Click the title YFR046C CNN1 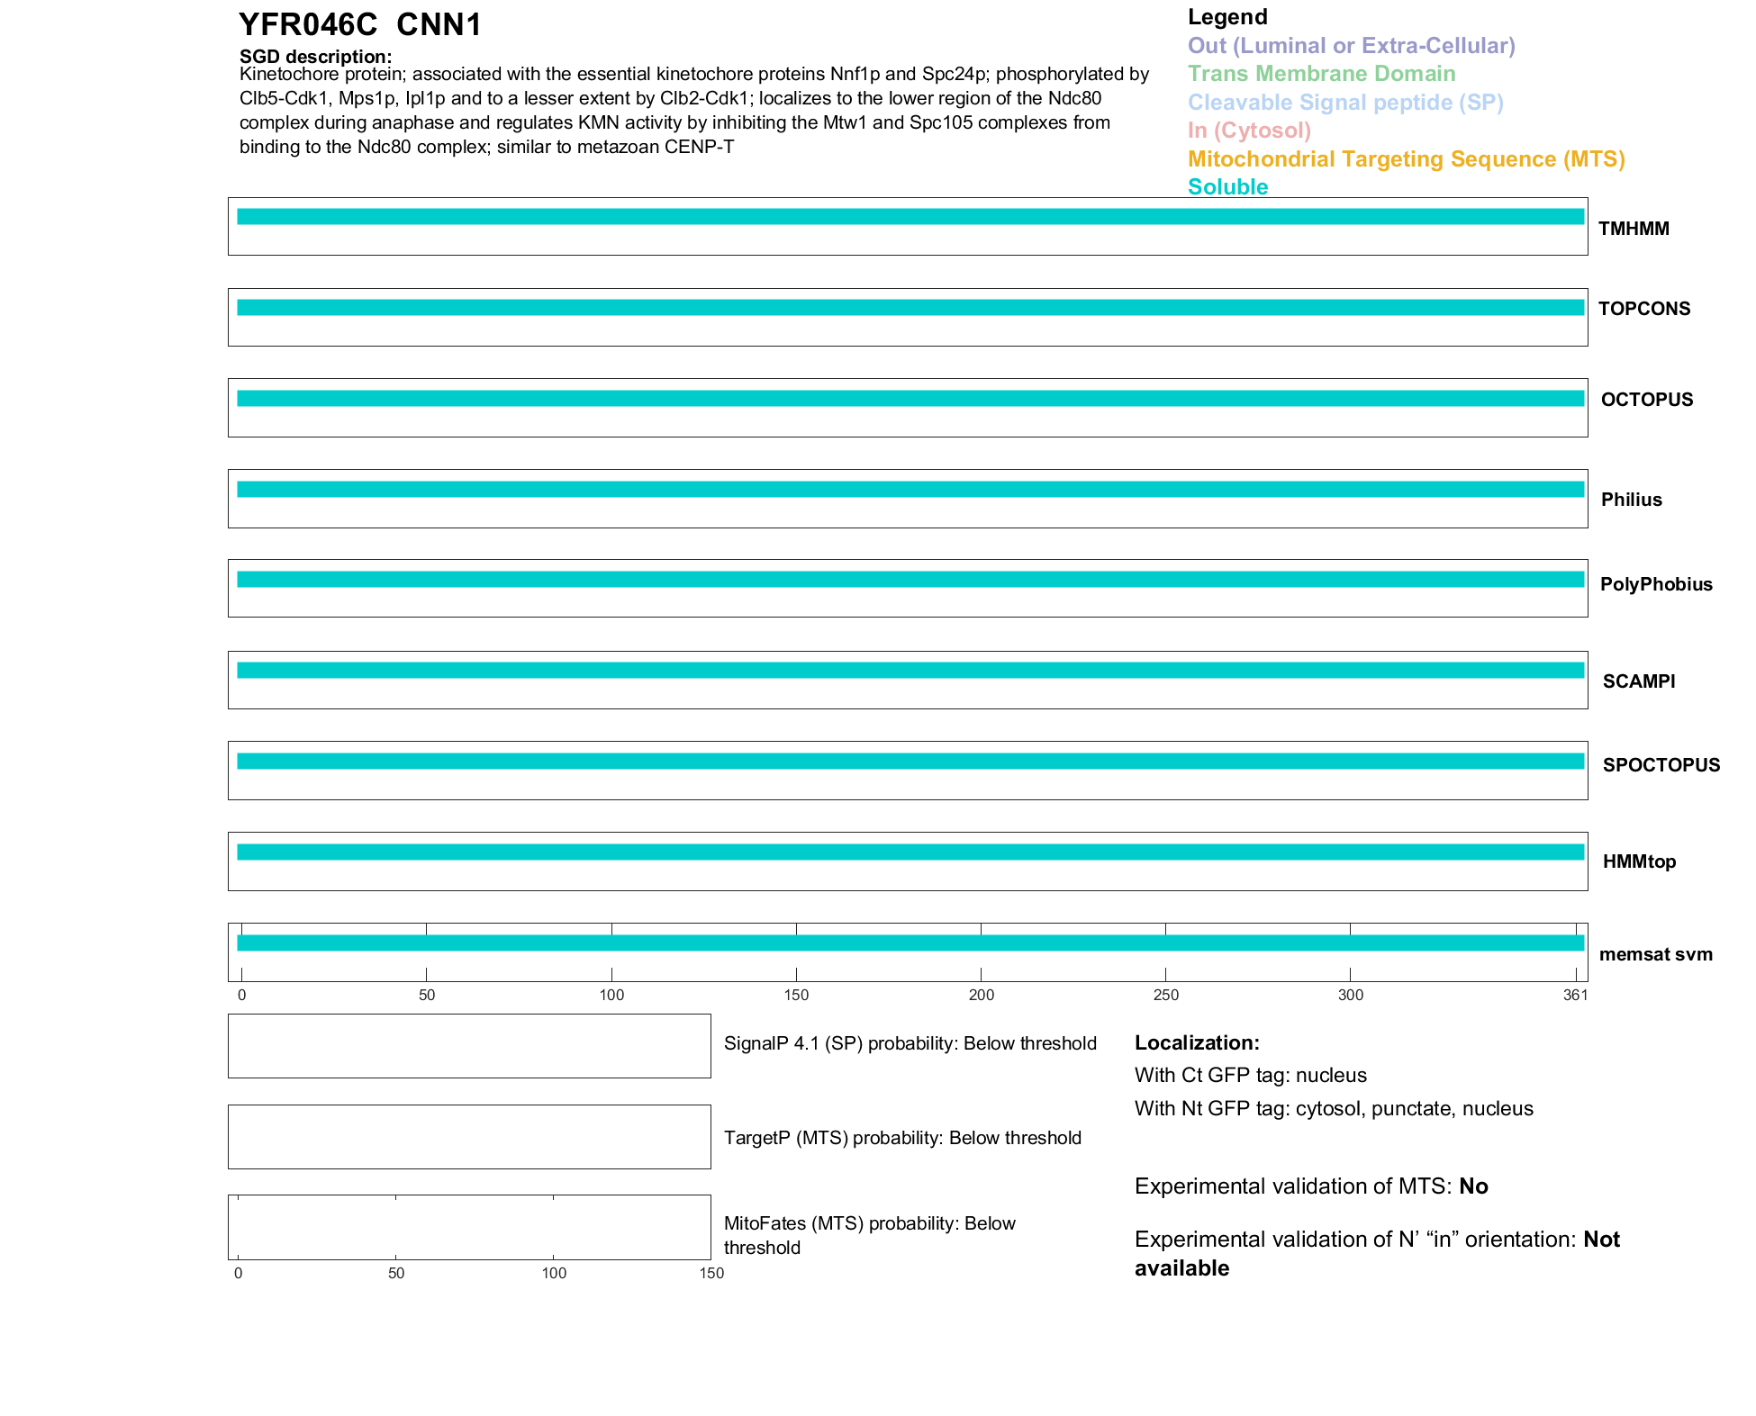[360, 25]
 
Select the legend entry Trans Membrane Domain [1321, 74]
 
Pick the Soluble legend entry [1227, 187]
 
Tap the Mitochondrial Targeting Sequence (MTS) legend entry [1406, 159]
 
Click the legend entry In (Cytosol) [1249, 131]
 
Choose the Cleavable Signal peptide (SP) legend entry [1345, 103]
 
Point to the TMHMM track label [1634, 229]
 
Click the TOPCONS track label [1644, 309]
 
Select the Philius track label [1631, 500]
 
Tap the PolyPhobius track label [1656, 584]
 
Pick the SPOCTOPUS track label [1661, 765]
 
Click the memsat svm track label [1655, 954]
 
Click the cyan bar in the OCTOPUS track [910, 399]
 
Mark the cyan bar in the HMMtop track [910, 852]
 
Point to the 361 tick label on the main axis [1575, 995]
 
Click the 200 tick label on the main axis [981, 995]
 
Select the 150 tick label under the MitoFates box [711, 1273]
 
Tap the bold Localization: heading [1197, 1043]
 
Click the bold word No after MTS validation [1473, 1186]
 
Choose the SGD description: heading [315, 57]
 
